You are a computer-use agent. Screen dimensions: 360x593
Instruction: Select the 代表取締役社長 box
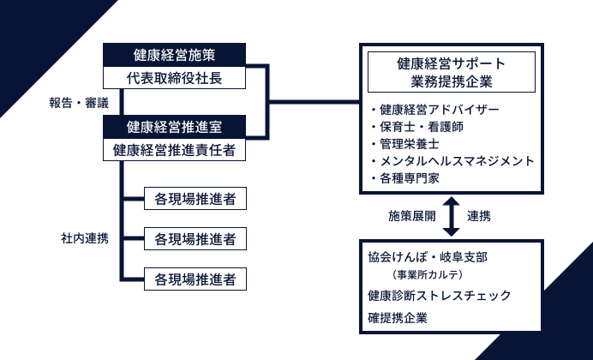(175, 77)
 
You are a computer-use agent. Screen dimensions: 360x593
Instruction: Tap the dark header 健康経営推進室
(175, 128)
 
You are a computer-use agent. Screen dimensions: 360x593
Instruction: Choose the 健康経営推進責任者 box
(175, 149)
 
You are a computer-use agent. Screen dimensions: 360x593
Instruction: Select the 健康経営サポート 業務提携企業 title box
(451, 72)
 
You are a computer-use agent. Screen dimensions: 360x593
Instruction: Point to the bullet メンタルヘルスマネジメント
(452, 160)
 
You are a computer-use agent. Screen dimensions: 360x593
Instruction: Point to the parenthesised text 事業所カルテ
(428, 275)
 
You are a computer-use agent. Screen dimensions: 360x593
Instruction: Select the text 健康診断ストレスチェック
(439, 296)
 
